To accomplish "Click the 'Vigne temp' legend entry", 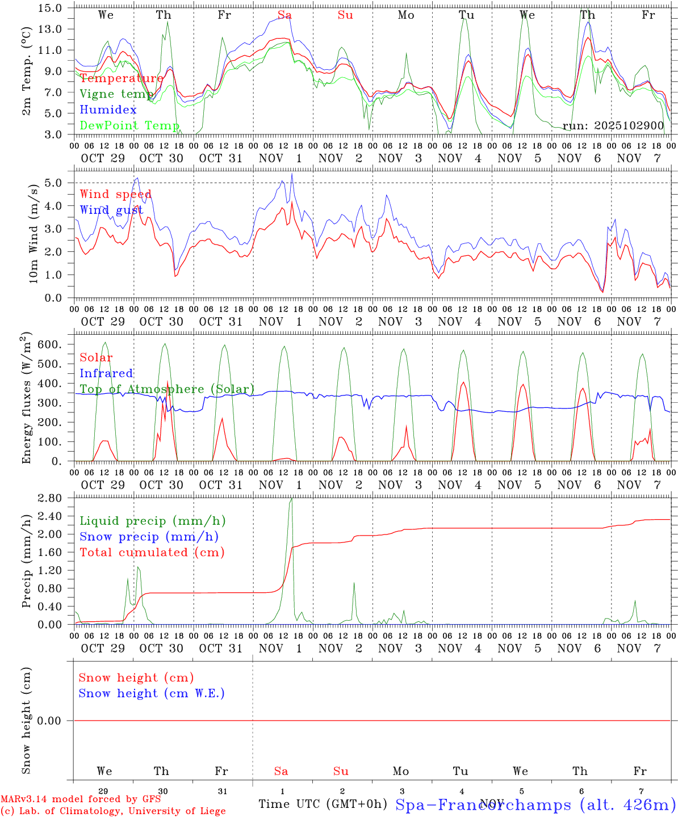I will click(116, 94).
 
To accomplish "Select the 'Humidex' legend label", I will click(108, 110).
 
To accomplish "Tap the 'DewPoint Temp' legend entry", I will click(129, 125).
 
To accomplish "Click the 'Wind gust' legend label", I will click(111, 210).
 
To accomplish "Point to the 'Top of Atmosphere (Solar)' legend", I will click(167, 389).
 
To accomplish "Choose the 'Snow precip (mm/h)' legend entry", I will click(149, 537).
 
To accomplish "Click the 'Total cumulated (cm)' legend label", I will click(152, 552).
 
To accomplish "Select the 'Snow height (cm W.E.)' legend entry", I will click(152, 693).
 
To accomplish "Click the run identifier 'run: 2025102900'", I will click(613, 125).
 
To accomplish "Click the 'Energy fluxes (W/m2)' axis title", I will click(26, 399).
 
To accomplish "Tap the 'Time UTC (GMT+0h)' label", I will click(323, 804).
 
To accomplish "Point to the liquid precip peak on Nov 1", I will click(291, 499).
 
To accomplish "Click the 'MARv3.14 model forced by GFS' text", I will click(81, 799).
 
